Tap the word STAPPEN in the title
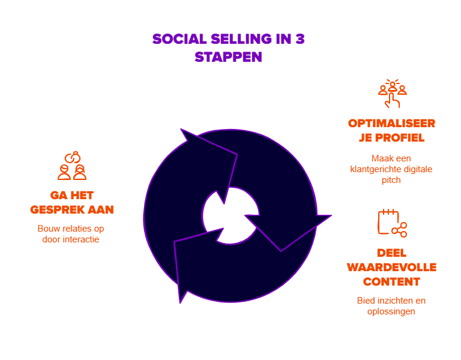(x=229, y=58)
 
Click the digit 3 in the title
(x=299, y=40)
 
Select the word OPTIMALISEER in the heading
(x=391, y=124)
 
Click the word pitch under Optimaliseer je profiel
(x=391, y=180)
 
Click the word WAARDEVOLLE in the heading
(x=391, y=267)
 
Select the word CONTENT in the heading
(x=391, y=281)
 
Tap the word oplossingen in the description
(x=391, y=311)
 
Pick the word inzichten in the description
(x=393, y=300)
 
